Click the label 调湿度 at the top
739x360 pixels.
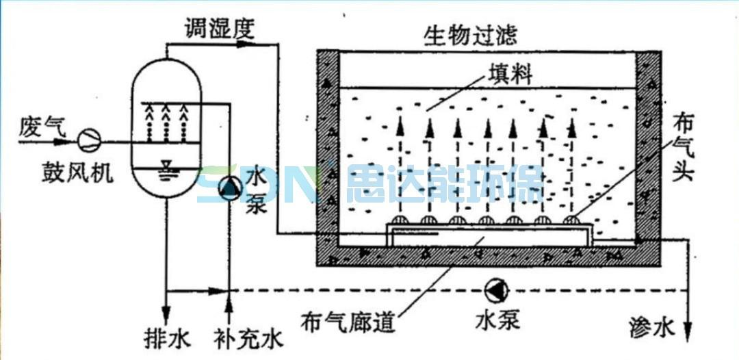(x=219, y=28)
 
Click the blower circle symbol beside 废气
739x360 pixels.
(x=88, y=140)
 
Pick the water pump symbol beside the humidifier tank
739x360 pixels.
(x=229, y=187)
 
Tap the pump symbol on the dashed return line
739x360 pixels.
(x=495, y=290)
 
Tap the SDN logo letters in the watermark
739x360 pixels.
(x=257, y=184)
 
